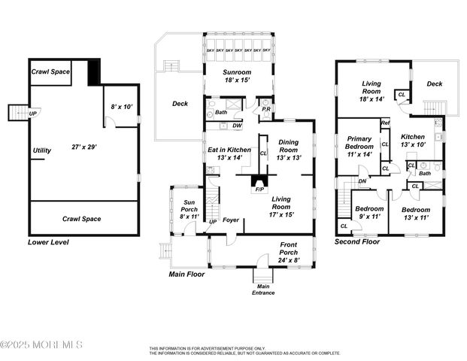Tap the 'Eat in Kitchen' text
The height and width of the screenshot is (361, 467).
tap(229, 153)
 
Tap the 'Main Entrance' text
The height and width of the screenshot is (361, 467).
tap(263, 289)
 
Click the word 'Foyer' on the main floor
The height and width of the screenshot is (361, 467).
tap(229, 220)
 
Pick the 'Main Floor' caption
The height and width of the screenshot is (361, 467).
tap(186, 275)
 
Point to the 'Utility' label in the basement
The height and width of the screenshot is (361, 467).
tap(42, 150)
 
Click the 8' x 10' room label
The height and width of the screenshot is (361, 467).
tap(121, 108)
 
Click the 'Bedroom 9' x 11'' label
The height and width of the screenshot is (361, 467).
tap(369, 213)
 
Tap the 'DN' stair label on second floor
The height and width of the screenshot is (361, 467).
tap(362, 180)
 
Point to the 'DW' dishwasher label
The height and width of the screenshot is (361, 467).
tap(236, 126)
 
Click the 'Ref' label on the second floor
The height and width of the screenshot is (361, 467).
tap(384, 123)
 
